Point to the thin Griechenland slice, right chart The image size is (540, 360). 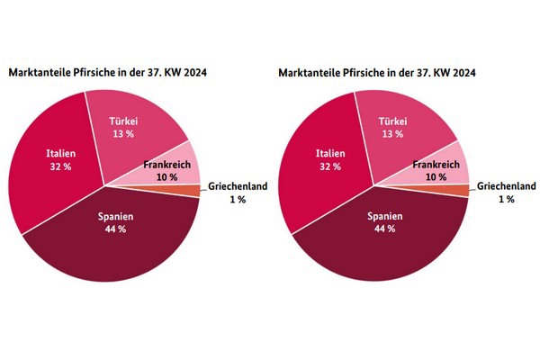click(x=461, y=190)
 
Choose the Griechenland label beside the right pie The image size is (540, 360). click(x=508, y=186)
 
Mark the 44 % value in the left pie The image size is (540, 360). click(x=115, y=229)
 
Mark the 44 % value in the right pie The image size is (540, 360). click(x=385, y=229)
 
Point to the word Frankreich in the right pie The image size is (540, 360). click(x=436, y=165)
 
